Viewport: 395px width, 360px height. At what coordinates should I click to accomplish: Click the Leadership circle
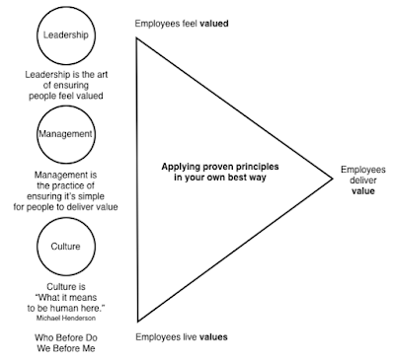tap(37, 36)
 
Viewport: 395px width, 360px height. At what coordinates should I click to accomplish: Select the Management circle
tap(37, 135)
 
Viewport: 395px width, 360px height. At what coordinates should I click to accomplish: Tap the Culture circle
tap(37, 247)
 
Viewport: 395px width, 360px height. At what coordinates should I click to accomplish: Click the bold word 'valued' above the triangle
tap(214, 24)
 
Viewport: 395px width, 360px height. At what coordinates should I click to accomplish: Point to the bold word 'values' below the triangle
tap(213, 337)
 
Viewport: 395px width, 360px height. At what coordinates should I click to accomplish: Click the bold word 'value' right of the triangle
tap(363, 191)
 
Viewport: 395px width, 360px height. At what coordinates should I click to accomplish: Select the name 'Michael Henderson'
tap(66, 318)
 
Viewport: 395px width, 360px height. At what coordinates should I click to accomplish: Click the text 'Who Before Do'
tap(66, 337)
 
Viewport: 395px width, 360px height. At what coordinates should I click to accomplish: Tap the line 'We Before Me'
tap(66, 348)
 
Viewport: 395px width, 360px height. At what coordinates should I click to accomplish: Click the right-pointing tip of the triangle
tap(333, 179)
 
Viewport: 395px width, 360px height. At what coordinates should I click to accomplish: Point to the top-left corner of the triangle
tap(136, 38)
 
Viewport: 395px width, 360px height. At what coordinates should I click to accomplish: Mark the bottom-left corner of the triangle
tap(138, 322)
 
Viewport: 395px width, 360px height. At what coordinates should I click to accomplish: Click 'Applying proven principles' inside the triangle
tap(220, 167)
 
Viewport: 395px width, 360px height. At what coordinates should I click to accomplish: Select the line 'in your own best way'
tap(220, 178)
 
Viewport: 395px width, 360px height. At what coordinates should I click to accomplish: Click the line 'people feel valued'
tap(66, 96)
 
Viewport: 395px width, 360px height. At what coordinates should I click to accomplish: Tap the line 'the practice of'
tap(65, 185)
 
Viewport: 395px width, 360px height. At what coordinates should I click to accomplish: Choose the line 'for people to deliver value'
tap(65, 207)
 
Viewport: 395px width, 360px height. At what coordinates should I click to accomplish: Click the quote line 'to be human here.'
tap(66, 308)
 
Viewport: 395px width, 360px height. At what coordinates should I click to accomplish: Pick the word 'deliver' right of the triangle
tap(363, 180)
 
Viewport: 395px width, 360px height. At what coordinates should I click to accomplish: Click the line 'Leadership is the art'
tap(66, 75)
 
